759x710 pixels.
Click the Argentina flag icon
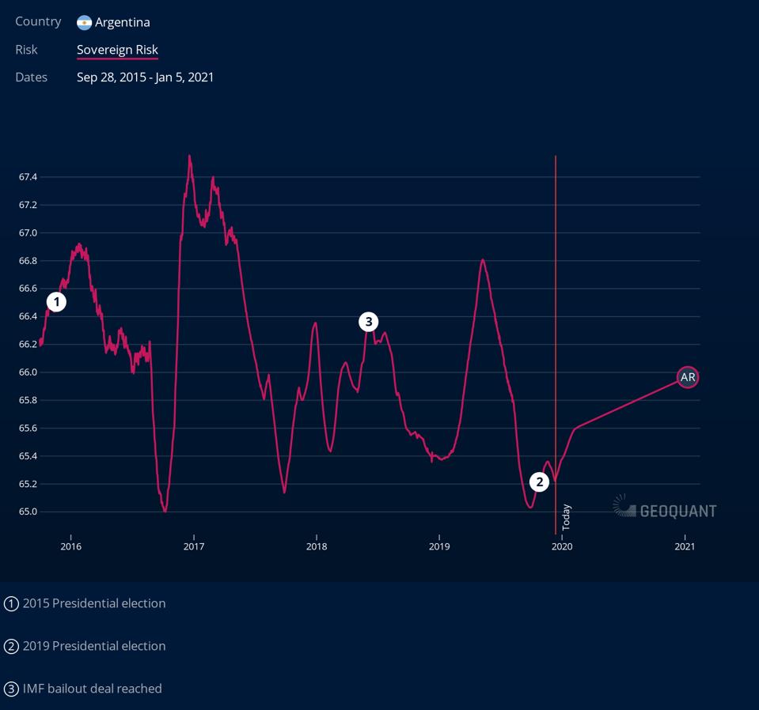click(x=84, y=22)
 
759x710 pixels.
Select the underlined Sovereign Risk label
click(x=117, y=50)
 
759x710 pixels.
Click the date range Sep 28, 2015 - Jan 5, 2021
click(x=145, y=77)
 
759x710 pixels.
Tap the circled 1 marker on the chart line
click(x=56, y=301)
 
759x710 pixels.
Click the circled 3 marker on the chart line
click(x=368, y=322)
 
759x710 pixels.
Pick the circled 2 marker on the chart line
click(x=539, y=482)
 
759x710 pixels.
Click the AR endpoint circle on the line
click(x=688, y=377)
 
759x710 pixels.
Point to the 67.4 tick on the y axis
click(x=28, y=177)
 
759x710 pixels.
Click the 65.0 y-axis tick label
click(x=28, y=512)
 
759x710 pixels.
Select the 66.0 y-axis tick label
click(x=28, y=372)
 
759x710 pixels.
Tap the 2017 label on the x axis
click(x=193, y=546)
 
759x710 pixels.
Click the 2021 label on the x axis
click(x=685, y=546)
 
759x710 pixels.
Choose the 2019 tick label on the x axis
click(x=439, y=546)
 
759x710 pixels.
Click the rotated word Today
click(x=566, y=517)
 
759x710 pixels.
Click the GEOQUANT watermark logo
click(x=665, y=509)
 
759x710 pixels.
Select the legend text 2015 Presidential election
click(x=94, y=603)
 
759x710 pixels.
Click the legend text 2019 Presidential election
click(x=94, y=646)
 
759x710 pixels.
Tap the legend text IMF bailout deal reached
click(x=92, y=689)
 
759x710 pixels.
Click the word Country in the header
click(x=38, y=21)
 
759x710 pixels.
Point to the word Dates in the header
click(x=31, y=77)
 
